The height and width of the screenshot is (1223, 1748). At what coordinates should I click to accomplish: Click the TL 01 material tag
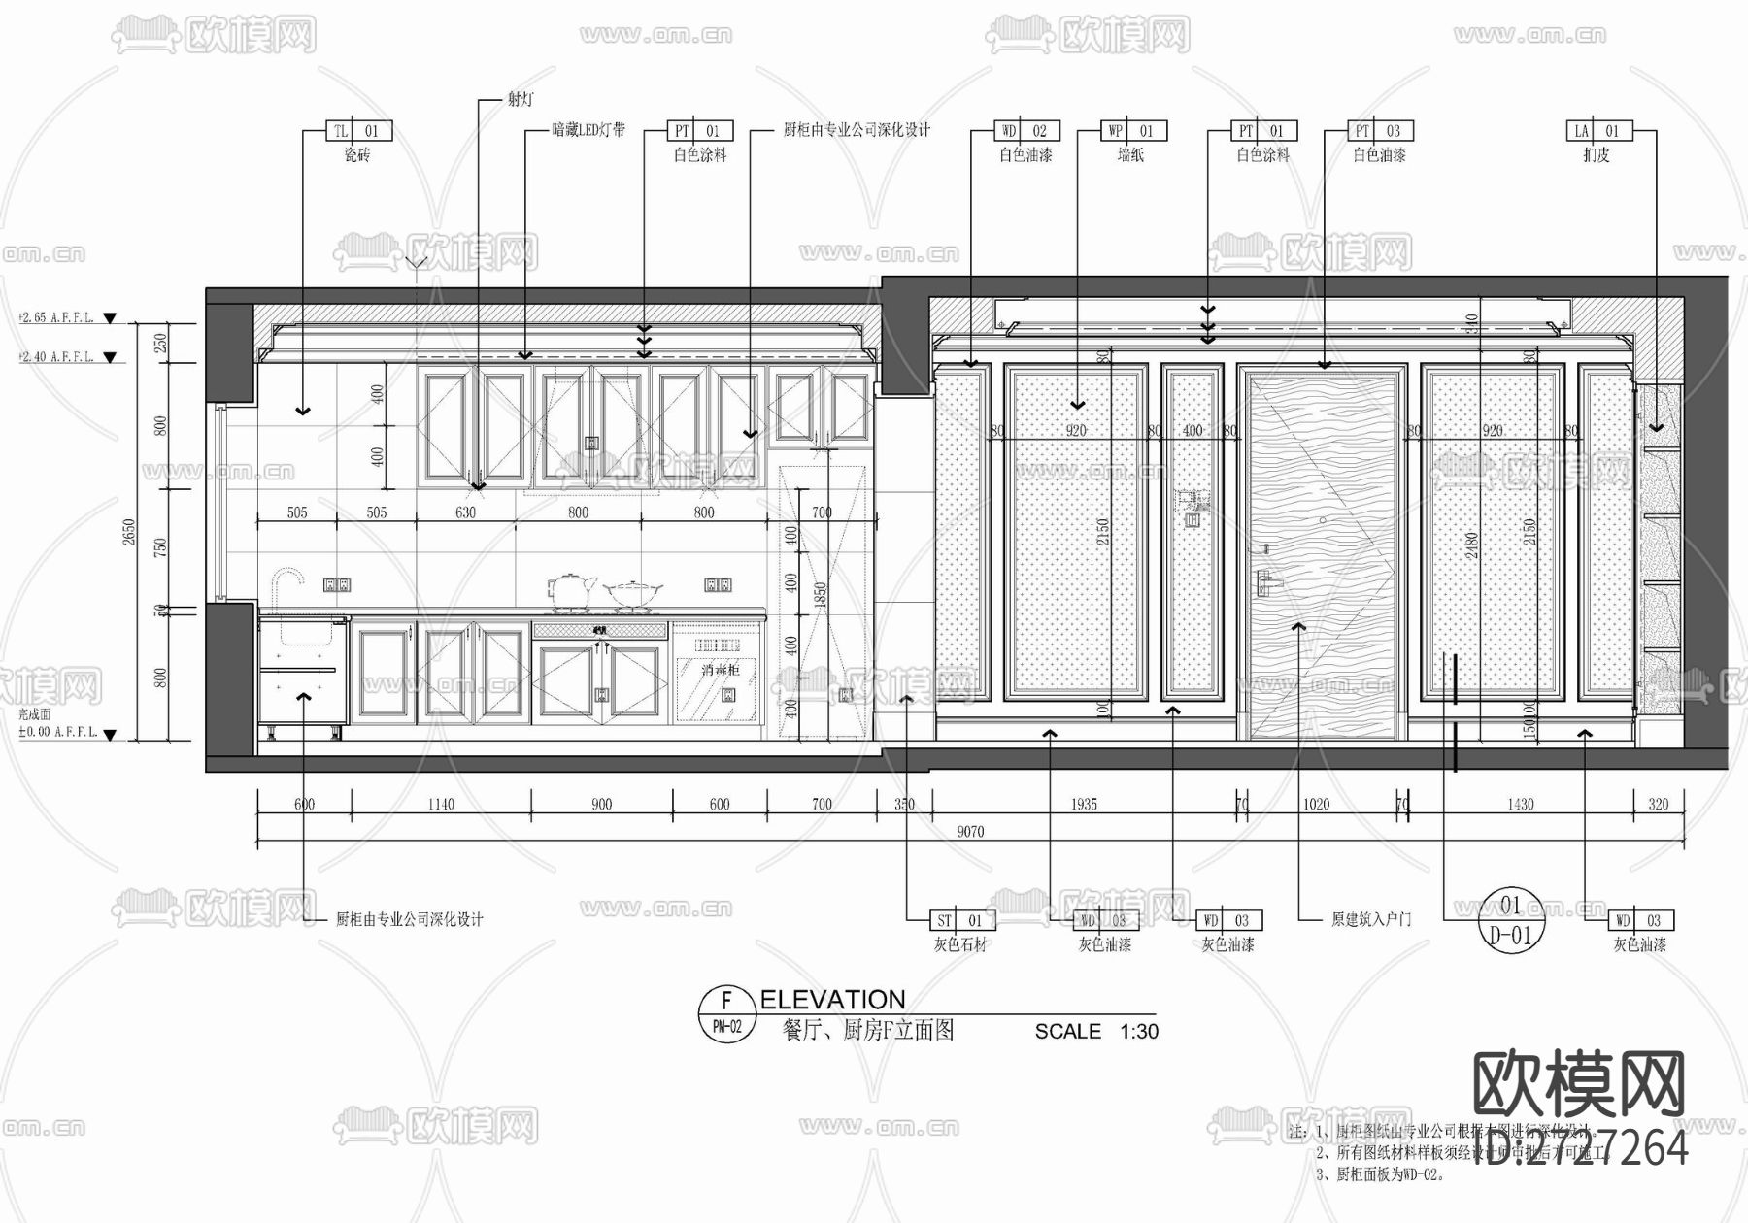357,131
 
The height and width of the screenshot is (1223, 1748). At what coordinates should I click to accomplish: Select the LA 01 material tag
1597,131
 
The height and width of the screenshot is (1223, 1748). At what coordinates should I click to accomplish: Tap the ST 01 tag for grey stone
959,920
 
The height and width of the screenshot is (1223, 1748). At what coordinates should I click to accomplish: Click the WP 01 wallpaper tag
1132,131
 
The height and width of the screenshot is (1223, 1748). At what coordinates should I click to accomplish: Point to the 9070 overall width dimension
970,832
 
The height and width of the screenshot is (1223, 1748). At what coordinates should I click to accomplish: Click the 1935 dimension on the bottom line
1084,804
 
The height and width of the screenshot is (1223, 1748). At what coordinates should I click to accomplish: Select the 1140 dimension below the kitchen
441,804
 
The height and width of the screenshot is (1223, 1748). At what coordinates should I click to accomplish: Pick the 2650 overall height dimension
129,532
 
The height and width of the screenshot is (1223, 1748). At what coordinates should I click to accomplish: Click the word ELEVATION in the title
832,1000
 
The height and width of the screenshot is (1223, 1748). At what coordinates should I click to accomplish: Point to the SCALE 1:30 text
1096,1031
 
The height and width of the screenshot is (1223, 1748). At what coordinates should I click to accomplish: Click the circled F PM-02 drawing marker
726,1014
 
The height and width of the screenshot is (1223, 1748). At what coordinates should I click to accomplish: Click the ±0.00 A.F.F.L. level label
58,732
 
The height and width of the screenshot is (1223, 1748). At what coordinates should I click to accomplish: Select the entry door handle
1266,580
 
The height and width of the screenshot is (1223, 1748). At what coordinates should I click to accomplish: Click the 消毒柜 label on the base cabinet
721,670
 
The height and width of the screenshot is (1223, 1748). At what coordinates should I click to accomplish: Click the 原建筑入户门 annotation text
1370,919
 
